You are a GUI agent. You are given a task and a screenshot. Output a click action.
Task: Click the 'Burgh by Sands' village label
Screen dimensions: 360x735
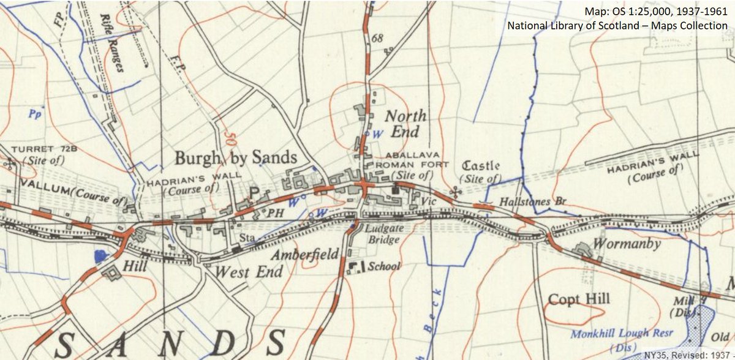(x=236, y=158)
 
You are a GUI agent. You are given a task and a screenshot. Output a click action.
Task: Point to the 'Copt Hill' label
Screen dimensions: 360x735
(x=578, y=299)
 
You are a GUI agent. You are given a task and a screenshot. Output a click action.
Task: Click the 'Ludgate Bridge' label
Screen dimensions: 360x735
(x=383, y=235)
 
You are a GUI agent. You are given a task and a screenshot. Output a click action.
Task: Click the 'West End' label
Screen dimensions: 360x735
(x=249, y=271)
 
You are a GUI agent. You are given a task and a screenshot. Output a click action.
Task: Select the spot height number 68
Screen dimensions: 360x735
(x=377, y=39)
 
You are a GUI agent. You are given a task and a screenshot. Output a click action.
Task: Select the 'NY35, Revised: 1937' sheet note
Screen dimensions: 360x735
(x=688, y=354)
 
